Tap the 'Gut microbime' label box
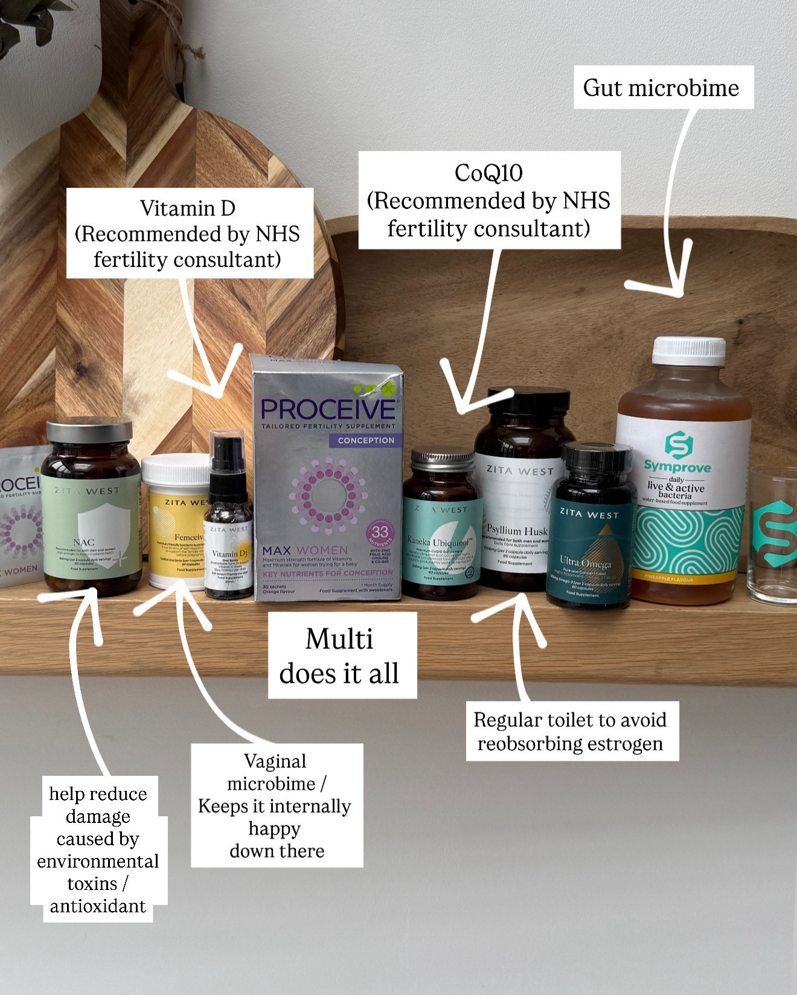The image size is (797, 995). pos(663,88)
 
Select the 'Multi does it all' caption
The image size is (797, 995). pos(342,656)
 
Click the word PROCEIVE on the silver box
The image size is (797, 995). pos(328,410)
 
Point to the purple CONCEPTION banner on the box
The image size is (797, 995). pos(365,440)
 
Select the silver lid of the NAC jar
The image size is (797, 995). pos(89,430)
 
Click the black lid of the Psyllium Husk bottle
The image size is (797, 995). pos(523,400)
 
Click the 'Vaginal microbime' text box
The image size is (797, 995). pos(277,805)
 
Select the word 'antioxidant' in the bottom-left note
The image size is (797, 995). pos(98,906)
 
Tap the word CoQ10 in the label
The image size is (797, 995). pos(488,173)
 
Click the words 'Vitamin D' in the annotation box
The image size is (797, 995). pos(188,208)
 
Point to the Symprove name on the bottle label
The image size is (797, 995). pos(677,466)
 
